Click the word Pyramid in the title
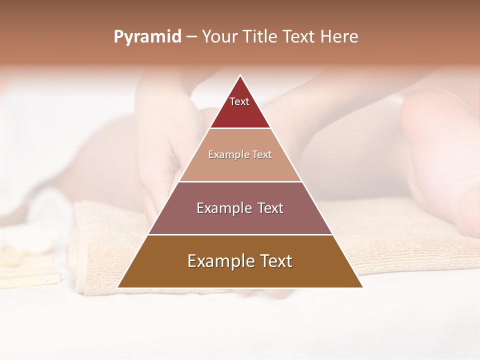[x=147, y=37]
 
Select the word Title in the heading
[x=260, y=36]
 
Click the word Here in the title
[x=339, y=36]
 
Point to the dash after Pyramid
[x=191, y=37]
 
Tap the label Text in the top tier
[x=239, y=101]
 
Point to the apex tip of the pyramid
[x=240, y=75]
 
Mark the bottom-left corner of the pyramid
[x=118, y=287]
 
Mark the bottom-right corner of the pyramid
[x=362, y=287]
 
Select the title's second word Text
[x=300, y=36]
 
